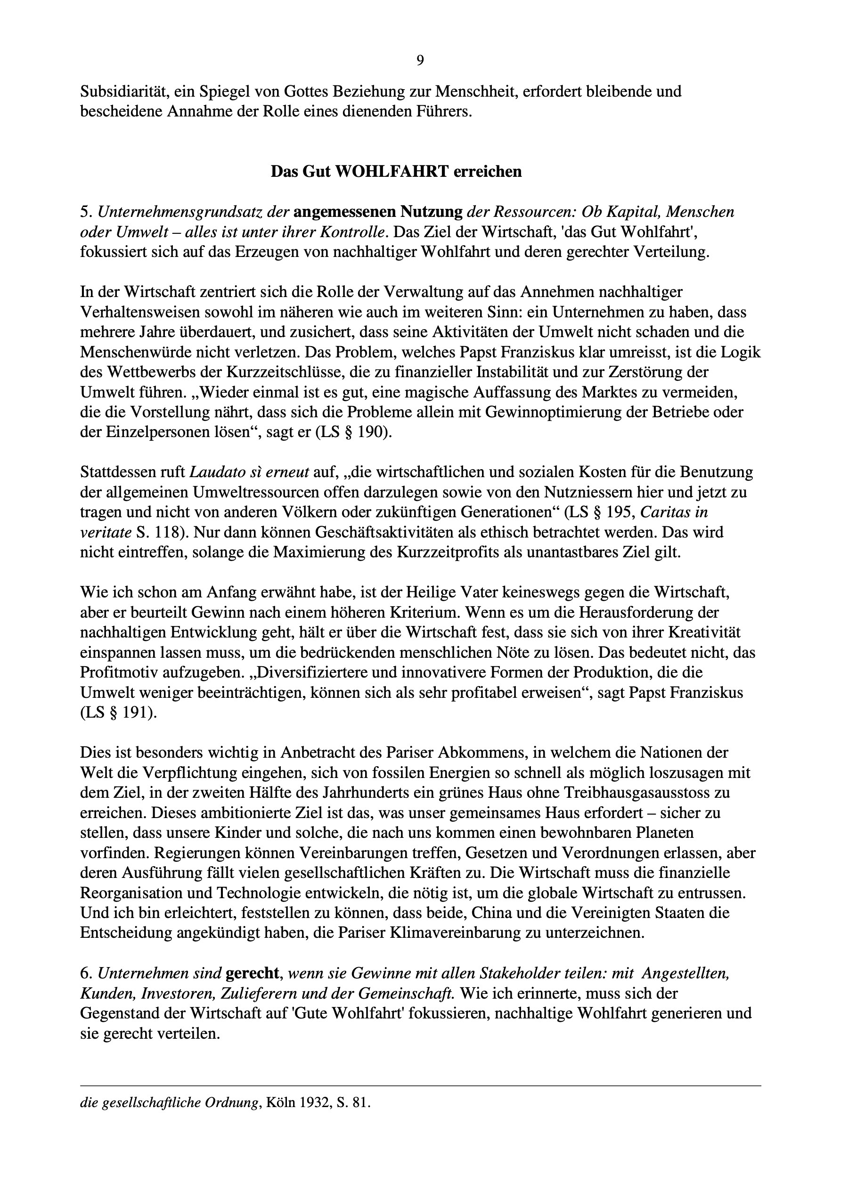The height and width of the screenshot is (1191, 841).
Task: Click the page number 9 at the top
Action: click(x=420, y=61)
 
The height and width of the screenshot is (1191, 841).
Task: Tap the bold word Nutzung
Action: click(x=432, y=212)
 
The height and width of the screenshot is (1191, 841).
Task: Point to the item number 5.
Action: click(x=85, y=212)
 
